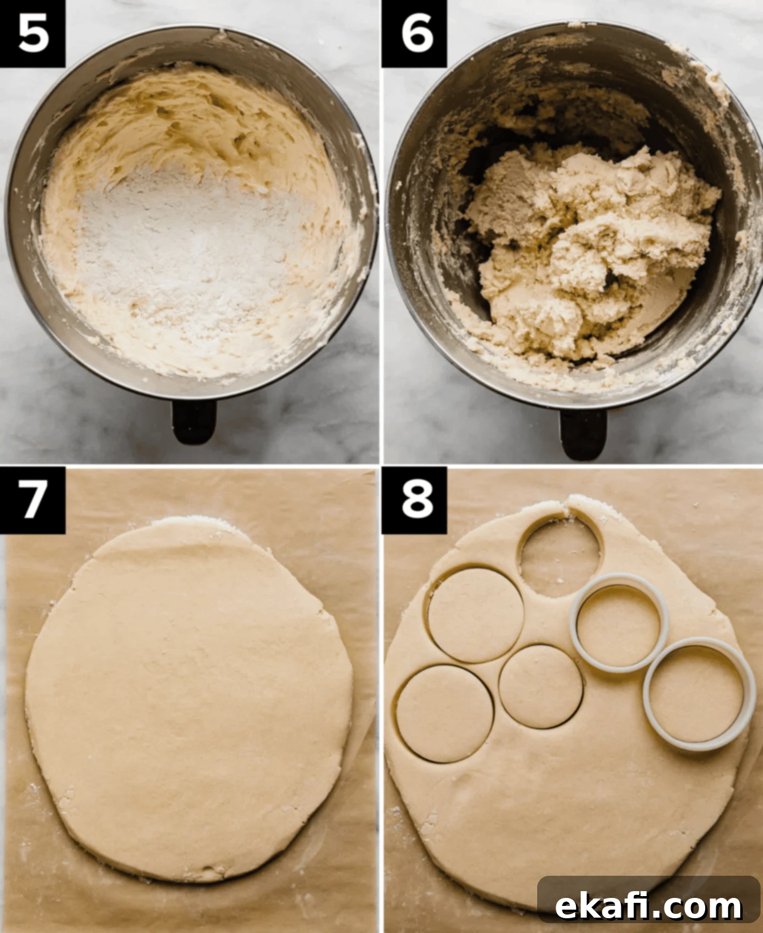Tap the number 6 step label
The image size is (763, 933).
[x=417, y=34]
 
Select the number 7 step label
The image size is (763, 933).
[x=33, y=500]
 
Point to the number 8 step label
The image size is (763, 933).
[x=417, y=500]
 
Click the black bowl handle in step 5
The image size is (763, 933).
[x=194, y=421]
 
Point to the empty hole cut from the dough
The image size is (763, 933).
[x=560, y=558]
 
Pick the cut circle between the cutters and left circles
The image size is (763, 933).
[x=540, y=686]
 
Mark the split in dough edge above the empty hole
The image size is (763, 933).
[x=566, y=507]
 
